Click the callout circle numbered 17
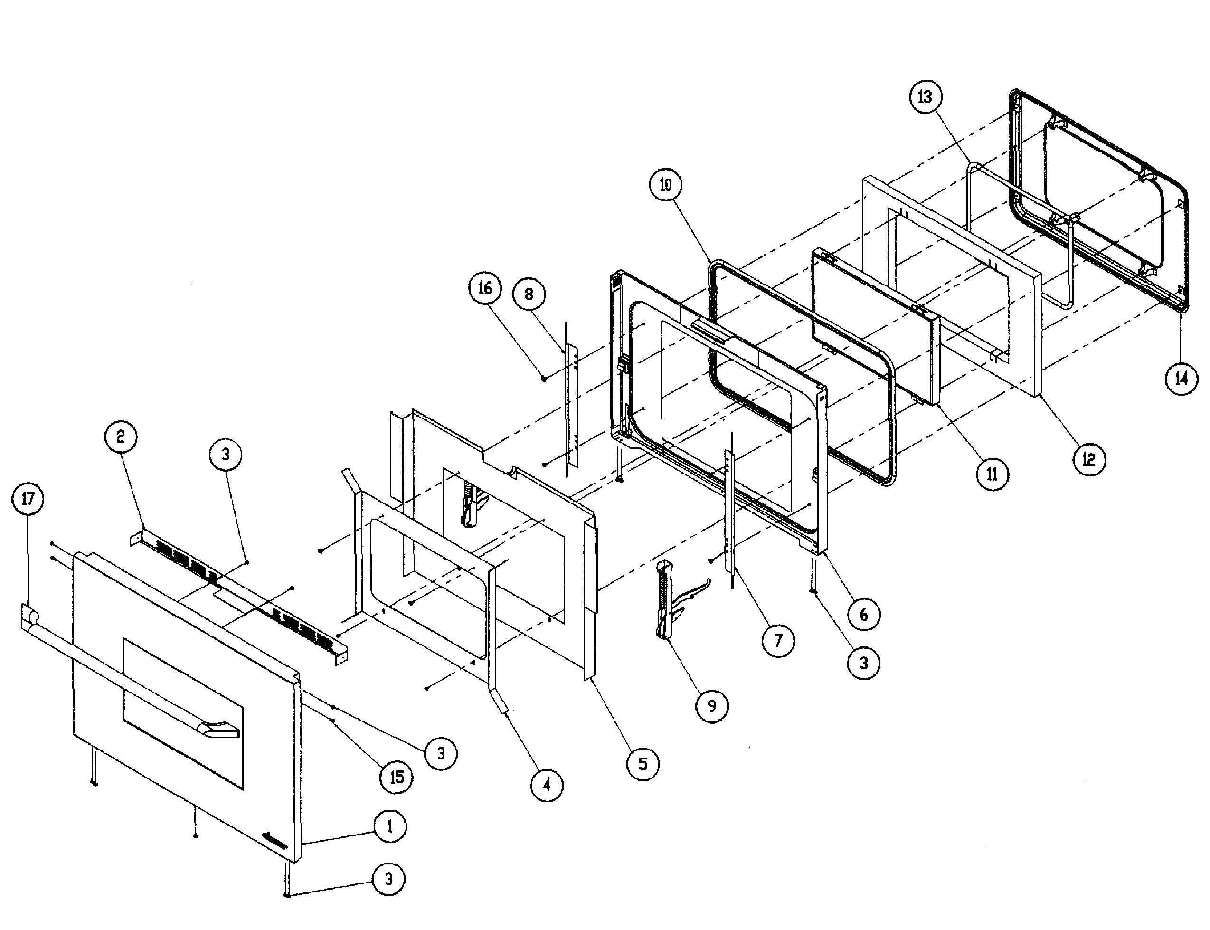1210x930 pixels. [x=28, y=499]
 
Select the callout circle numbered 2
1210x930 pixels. [x=121, y=437]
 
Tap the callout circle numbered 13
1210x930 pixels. [x=925, y=97]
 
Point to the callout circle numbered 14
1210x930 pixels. [x=1181, y=379]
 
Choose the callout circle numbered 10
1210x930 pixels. [x=665, y=184]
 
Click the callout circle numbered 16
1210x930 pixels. [x=485, y=288]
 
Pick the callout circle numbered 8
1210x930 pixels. [x=529, y=294]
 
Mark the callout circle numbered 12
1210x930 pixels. [x=1089, y=459]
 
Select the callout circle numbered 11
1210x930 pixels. [x=992, y=474]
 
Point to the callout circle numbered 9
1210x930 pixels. [x=712, y=706]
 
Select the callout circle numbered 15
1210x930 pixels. [x=397, y=777]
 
